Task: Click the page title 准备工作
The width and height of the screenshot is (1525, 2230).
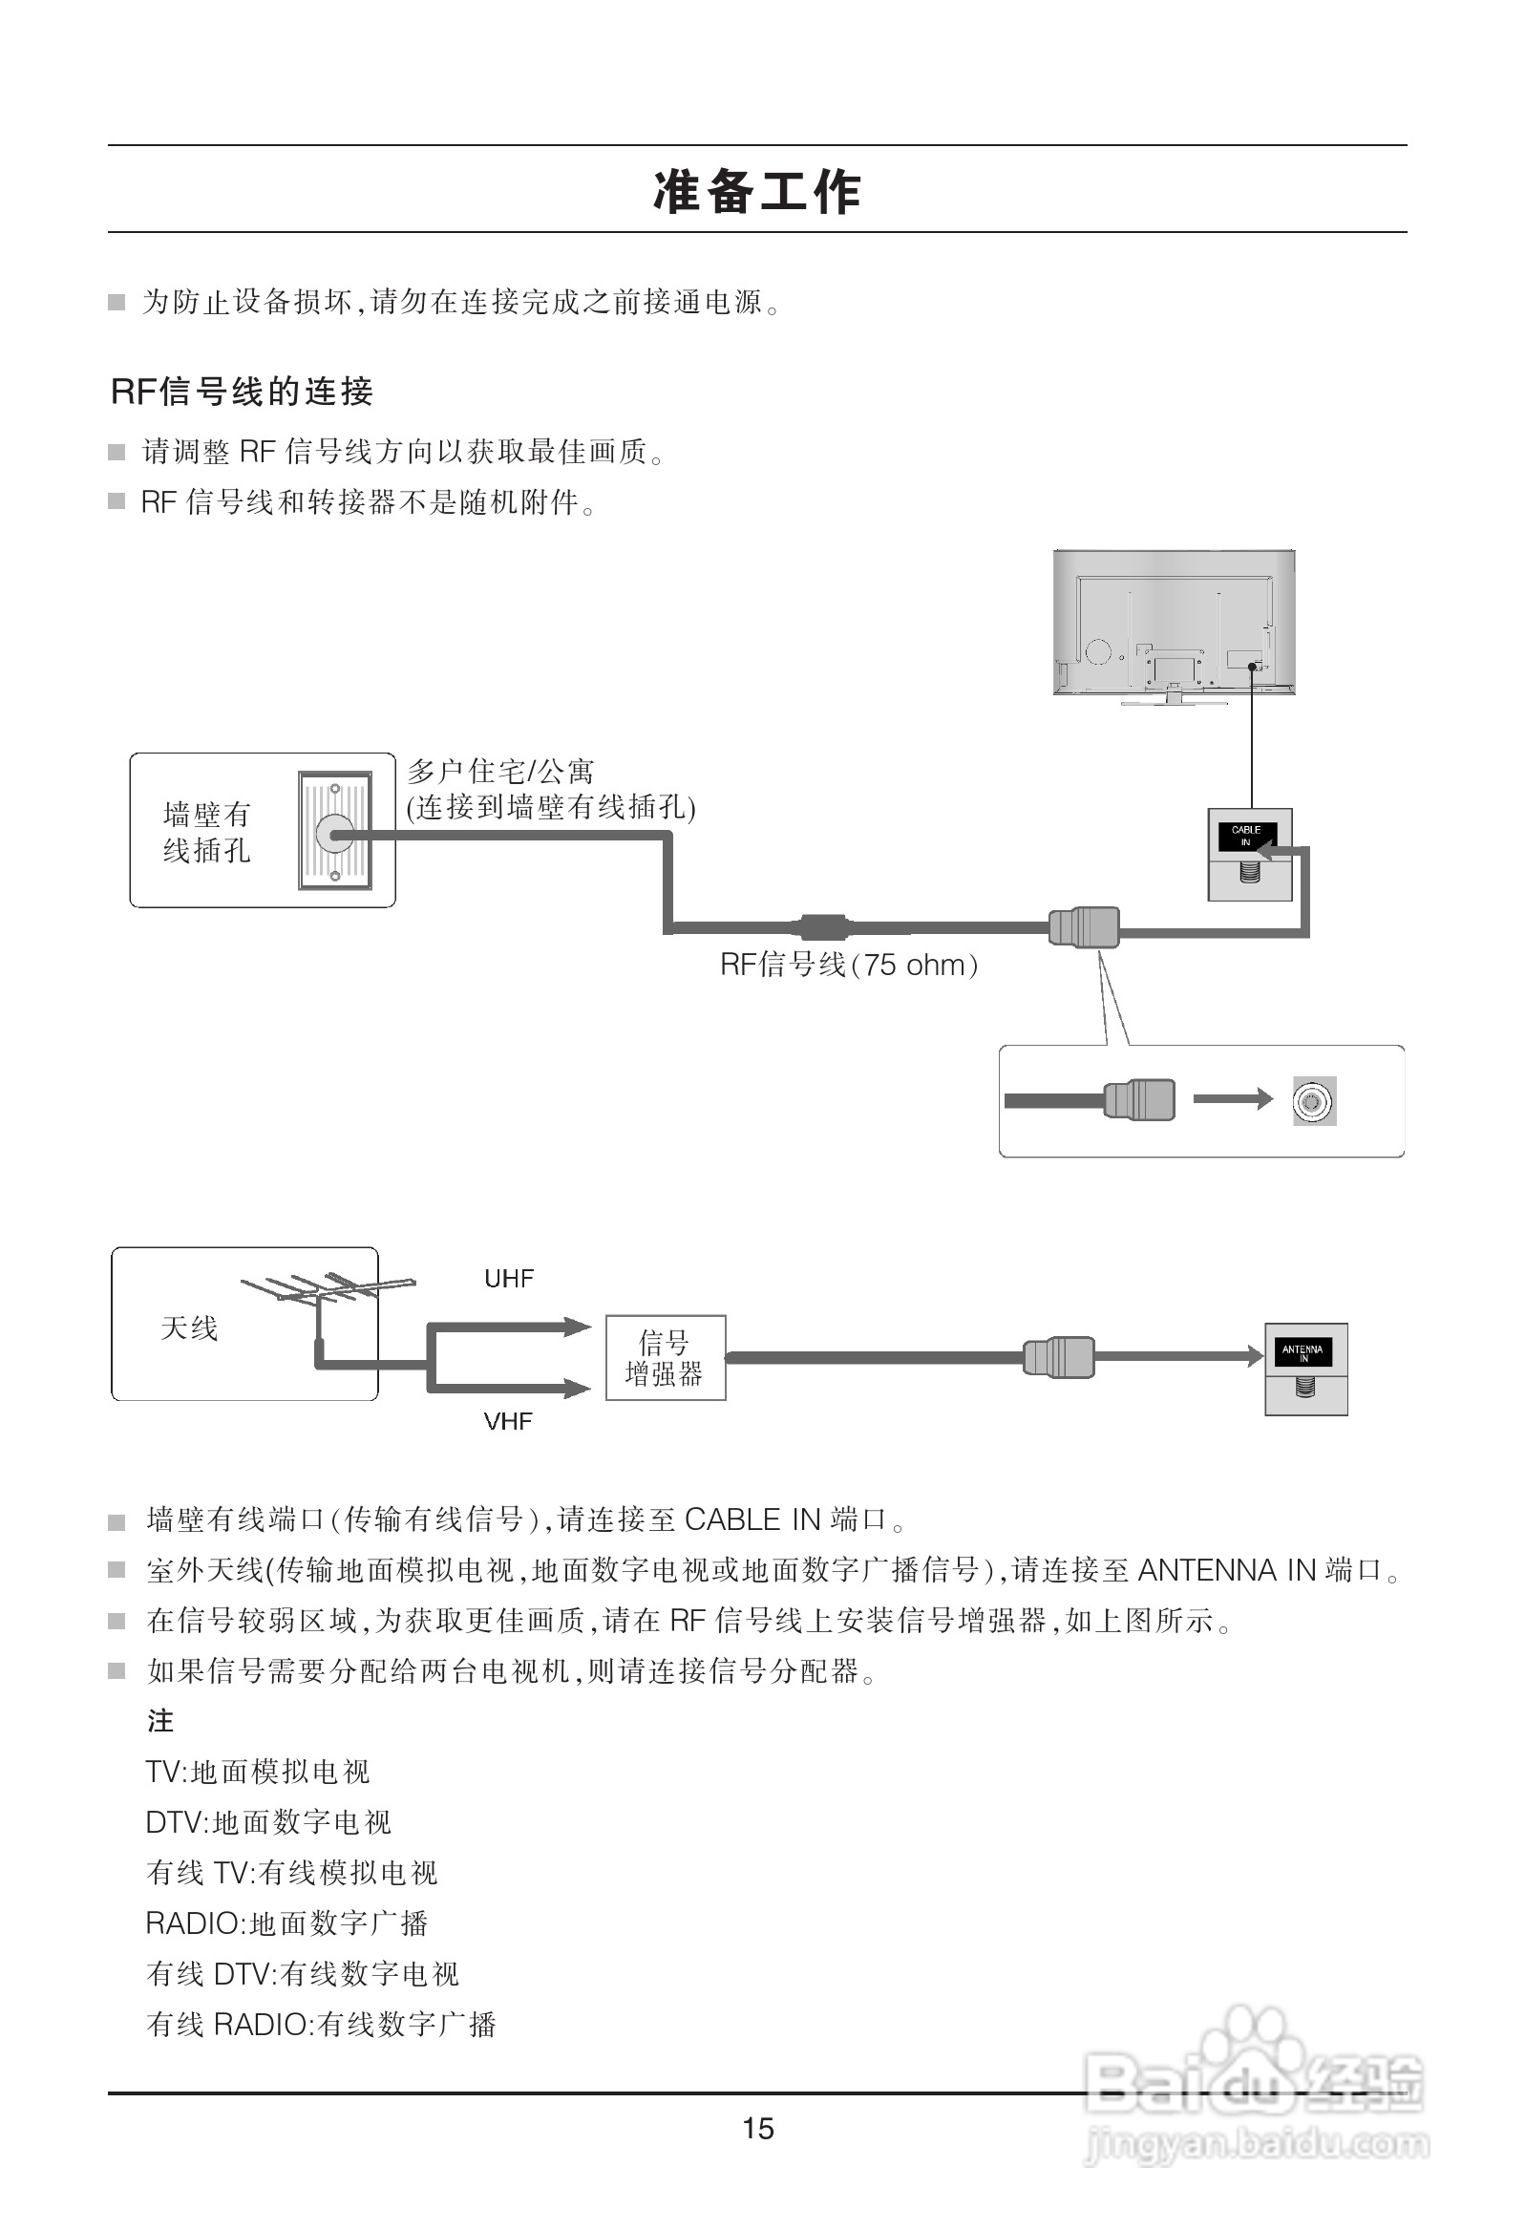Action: (x=757, y=191)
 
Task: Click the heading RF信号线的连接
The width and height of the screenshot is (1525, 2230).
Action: (x=242, y=392)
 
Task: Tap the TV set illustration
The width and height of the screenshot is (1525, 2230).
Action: (x=1174, y=624)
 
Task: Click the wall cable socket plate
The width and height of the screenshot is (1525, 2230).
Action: (x=334, y=831)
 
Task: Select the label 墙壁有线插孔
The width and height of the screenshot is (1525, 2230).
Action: (x=206, y=832)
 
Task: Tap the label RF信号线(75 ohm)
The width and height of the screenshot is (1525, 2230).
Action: (x=848, y=965)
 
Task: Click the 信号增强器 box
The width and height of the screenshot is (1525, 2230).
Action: (x=665, y=1358)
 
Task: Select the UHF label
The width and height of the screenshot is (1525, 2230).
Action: (x=509, y=1278)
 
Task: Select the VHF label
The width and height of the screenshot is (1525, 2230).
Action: (x=508, y=1421)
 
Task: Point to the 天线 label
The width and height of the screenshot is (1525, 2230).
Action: (x=189, y=1328)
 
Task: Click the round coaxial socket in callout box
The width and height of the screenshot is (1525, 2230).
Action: (x=1314, y=1100)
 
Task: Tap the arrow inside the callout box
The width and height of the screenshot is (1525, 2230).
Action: (x=1232, y=1099)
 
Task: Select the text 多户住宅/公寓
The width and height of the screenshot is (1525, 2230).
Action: (x=500, y=771)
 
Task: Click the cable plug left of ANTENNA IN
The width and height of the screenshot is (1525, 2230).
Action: (x=1059, y=1357)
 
